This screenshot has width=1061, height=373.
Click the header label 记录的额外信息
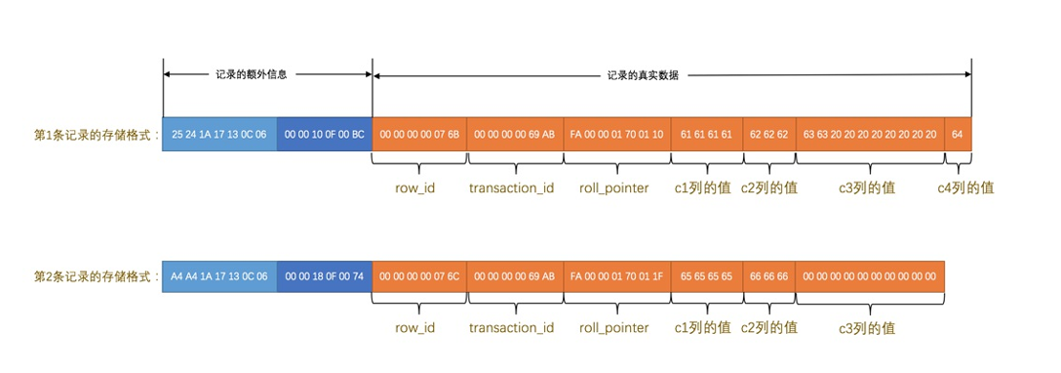(x=251, y=74)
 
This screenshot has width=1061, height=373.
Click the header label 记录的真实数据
(x=643, y=74)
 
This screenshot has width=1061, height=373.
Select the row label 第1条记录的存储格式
(x=96, y=135)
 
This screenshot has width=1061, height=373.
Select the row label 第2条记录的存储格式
(x=96, y=276)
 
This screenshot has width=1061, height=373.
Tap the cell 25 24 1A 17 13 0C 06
(x=219, y=135)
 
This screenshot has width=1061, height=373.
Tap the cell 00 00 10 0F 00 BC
(x=324, y=135)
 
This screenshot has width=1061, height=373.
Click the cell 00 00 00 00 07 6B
(x=419, y=135)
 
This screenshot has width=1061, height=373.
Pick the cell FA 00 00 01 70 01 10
(x=617, y=135)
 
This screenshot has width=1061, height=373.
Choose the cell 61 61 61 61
(x=706, y=135)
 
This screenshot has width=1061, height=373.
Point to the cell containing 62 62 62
(x=768, y=135)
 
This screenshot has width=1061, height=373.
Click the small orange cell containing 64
(x=958, y=135)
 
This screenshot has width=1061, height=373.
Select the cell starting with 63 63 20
(x=870, y=135)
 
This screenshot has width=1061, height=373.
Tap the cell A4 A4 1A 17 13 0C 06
(x=219, y=276)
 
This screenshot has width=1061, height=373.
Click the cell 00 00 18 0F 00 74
(x=324, y=276)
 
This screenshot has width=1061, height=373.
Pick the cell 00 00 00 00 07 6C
(x=419, y=276)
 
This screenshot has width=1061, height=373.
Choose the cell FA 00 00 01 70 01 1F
(x=617, y=276)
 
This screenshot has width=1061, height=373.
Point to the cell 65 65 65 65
(x=706, y=276)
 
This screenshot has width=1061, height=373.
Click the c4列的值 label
(x=965, y=186)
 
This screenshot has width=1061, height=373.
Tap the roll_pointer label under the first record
(x=612, y=186)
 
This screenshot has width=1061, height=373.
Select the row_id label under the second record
(x=414, y=328)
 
